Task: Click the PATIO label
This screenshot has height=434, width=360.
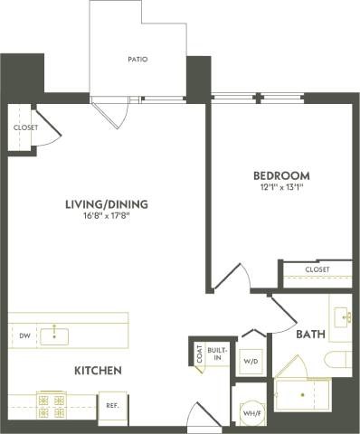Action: (137, 60)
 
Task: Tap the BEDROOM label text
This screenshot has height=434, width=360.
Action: (280, 175)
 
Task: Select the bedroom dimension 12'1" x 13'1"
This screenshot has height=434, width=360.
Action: (280, 187)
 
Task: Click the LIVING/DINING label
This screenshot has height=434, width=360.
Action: (106, 204)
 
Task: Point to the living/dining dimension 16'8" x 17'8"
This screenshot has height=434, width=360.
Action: (106, 216)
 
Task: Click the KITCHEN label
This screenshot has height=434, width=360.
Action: (99, 371)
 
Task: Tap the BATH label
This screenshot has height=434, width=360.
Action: (311, 335)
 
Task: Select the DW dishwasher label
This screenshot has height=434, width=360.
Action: (24, 336)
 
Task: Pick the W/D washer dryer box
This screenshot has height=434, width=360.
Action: (249, 361)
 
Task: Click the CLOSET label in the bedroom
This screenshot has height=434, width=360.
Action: (317, 269)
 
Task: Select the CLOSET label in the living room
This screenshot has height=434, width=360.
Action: (26, 127)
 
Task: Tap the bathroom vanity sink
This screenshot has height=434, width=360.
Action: (343, 316)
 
